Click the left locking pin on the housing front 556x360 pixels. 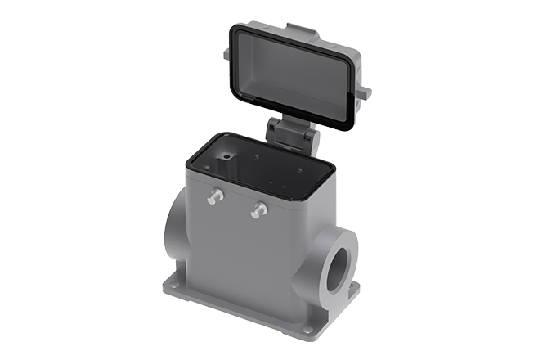point(215,196)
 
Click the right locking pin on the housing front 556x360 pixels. point(258,210)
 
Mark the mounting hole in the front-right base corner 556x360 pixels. point(307,331)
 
